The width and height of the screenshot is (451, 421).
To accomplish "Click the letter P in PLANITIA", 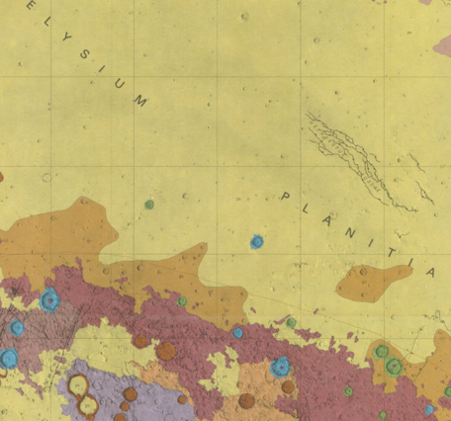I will point(286,197).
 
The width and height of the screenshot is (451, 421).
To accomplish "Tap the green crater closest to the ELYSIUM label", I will point(149,205).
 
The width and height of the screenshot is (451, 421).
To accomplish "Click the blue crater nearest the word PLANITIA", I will point(257,241).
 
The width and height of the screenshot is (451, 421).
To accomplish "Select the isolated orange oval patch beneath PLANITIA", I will point(373,283).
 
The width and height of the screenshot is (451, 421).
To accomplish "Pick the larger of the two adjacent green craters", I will point(394,366).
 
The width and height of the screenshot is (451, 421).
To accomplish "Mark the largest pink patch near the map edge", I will point(442,45).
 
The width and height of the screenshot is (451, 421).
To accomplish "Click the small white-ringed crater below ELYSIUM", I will point(46,178).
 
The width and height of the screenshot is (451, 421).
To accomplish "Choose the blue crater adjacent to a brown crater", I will point(280,367).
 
